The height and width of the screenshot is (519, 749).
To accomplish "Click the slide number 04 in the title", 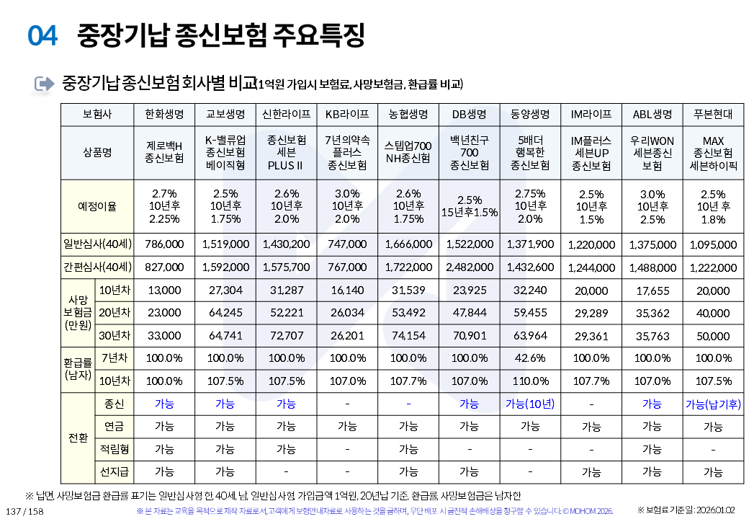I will point(42,35).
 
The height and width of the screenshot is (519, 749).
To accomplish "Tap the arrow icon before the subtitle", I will point(45,84).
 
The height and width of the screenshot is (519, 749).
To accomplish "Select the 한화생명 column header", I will point(164,115).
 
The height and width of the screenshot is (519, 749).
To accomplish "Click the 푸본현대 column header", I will point(713,115).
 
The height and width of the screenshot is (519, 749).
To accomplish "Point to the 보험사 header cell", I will point(97,115).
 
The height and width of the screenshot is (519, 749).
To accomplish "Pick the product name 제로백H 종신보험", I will point(164,152).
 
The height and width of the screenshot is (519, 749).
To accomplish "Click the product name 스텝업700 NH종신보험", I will point(408,152).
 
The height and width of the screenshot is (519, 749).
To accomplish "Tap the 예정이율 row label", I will point(97,206).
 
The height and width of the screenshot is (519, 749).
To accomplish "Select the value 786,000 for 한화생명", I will point(164,244).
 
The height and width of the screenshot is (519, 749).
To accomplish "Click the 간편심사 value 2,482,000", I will point(469,267).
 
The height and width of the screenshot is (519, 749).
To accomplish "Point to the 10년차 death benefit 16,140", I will point(347,290).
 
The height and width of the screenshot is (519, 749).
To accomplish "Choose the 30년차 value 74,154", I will point(408,335).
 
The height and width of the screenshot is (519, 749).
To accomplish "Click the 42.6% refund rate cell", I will point(530,358).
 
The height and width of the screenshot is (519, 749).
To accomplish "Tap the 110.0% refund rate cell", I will point(530,381).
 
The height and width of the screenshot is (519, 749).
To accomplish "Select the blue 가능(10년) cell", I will point(530,404).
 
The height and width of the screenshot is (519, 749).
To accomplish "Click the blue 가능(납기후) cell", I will point(713,404).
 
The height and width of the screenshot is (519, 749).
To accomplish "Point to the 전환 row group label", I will point(77,438).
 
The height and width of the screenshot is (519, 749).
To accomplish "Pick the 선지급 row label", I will point(115,471).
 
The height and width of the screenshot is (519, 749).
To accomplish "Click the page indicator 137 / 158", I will point(24,511).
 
